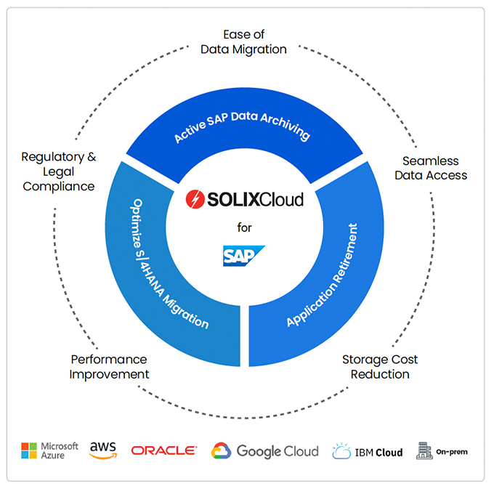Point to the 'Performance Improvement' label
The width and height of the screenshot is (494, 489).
point(110,367)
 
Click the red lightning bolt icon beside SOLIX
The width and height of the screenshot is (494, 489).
point(194,198)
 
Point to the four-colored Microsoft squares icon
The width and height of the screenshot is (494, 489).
point(30,450)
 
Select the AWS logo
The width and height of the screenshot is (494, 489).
point(103,450)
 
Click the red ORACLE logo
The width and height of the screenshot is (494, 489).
point(164,450)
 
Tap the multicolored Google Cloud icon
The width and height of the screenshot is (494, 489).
point(221,451)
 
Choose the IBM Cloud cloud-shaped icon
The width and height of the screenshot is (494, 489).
point(341,451)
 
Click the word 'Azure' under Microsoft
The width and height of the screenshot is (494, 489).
point(54,456)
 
